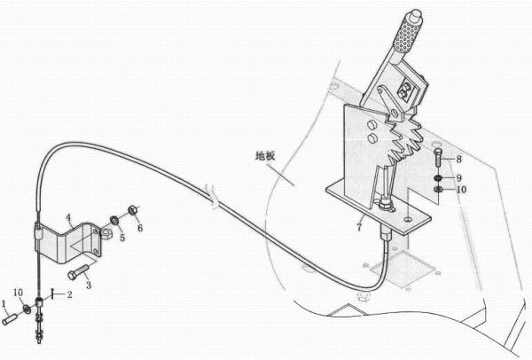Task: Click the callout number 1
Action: pyautogui.click(x=4, y=303)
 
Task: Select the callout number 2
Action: pyautogui.click(x=69, y=294)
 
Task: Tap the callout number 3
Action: pyautogui.click(x=89, y=285)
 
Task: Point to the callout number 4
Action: pyautogui.click(x=68, y=217)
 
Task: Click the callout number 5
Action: pyautogui.click(x=122, y=237)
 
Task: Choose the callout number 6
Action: pyautogui.click(x=140, y=228)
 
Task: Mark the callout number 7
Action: pyautogui.click(x=359, y=227)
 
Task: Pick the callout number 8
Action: pyautogui.click(x=458, y=159)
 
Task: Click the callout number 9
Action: pyautogui.click(x=458, y=178)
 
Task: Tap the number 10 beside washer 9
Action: pyautogui.click(x=461, y=189)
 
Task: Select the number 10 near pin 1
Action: pyautogui.click(x=19, y=293)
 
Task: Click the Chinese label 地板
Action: pyautogui.click(x=265, y=156)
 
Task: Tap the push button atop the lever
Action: pyautogui.click(x=416, y=15)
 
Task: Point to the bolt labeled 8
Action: pyautogui.click(x=438, y=158)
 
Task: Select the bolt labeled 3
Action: pyautogui.click(x=79, y=272)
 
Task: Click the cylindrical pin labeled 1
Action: pyautogui.click(x=9, y=319)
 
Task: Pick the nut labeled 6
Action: pyautogui.click(x=132, y=210)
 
